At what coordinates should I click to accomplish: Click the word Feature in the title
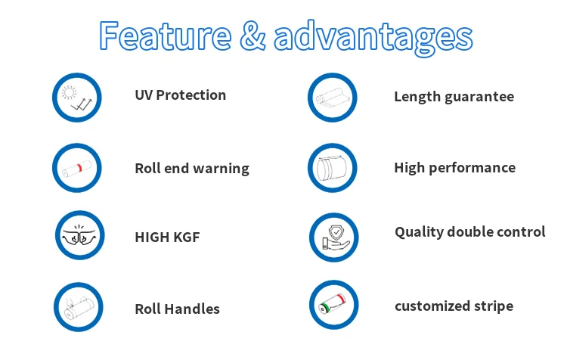click(x=166, y=36)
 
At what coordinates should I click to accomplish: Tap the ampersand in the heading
click(x=253, y=36)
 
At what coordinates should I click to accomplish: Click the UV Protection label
click(x=181, y=95)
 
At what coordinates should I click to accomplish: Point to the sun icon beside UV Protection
click(x=69, y=92)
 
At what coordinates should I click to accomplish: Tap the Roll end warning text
click(x=192, y=169)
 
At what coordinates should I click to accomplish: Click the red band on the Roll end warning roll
click(x=79, y=167)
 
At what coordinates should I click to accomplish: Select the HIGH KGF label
click(x=167, y=237)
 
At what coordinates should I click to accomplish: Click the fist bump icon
click(x=79, y=235)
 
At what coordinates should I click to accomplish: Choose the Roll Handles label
click(x=177, y=309)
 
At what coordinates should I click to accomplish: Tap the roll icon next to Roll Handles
click(x=79, y=308)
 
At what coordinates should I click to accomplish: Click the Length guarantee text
click(x=454, y=97)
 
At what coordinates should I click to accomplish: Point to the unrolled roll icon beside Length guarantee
click(x=333, y=98)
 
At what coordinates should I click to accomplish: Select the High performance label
click(x=454, y=168)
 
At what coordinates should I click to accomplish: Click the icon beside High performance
click(x=332, y=168)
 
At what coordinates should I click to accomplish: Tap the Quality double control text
click(x=469, y=232)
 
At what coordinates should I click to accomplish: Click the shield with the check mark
click(x=336, y=231)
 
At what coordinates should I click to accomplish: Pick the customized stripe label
click(x=454, y=306)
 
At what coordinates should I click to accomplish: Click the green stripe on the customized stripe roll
click(x=326, y=308)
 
